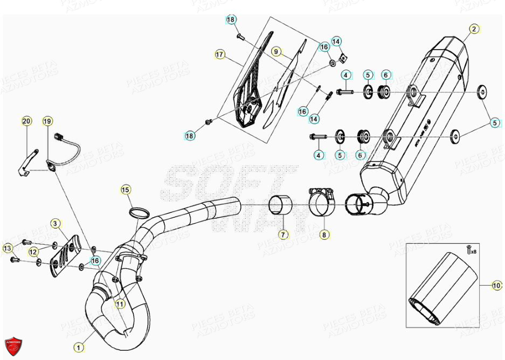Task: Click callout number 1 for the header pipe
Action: (79, 348)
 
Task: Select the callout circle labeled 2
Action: (474, 29)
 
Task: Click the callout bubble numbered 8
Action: (323, 234)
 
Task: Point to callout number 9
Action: (275, 52)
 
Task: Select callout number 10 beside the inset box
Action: (496, 286)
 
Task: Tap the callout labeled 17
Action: (219, 54)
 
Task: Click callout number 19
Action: (47, 122)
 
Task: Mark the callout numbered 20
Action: (26, 122)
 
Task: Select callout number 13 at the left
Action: (6, 248)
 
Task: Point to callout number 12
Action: (33, 252)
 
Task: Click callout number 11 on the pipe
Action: (120, 303)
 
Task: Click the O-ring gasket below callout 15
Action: (141, 211)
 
